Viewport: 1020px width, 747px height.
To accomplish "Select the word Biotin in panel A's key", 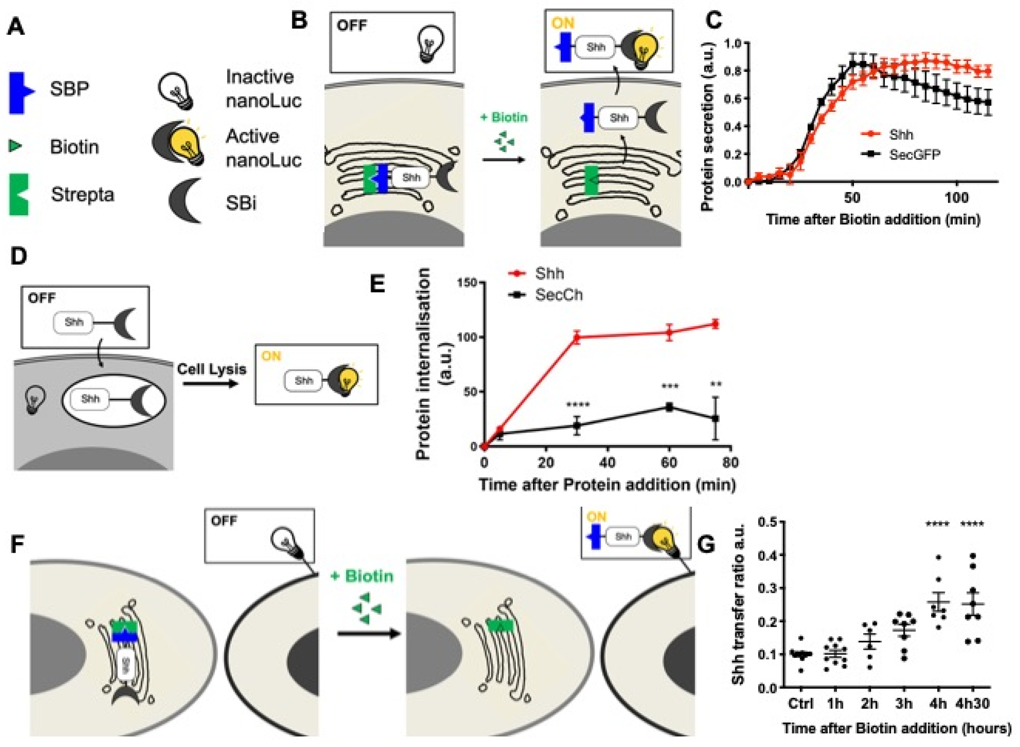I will coord(74,147).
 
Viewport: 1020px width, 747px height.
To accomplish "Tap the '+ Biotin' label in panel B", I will coord(504,118).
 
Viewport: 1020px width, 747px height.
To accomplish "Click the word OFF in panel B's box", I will coord(351,25).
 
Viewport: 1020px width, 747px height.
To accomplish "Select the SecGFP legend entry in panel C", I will coord(914,155).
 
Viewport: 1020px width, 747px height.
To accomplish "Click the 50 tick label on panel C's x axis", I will coord(852,198).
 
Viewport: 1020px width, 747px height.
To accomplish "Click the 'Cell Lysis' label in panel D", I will coord(211,369).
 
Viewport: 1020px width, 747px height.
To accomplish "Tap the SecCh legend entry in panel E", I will coord(559,295).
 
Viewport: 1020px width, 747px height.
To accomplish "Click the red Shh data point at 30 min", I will coord(577,337).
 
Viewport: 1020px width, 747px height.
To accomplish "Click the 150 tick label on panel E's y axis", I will coord(467,283).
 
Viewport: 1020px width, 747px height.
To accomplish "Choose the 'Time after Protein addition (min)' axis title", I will coord(607,484).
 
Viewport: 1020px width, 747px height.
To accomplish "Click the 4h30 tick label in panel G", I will coord(972,704).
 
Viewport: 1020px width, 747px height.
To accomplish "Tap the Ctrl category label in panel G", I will coord(801,704).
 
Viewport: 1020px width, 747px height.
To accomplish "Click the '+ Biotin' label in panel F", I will coord(362,576).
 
